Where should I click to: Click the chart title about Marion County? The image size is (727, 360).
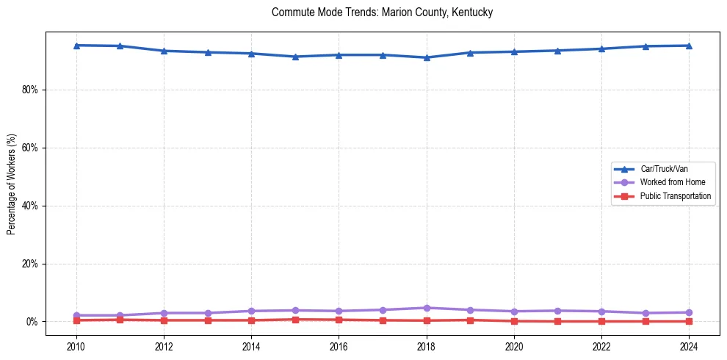382,12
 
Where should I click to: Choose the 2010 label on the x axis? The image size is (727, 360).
76,347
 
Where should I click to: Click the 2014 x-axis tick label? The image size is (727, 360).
251,347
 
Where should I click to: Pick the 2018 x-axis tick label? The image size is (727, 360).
427,347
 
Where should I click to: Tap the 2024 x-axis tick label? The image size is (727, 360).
689,347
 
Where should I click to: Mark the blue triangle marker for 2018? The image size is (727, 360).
427,57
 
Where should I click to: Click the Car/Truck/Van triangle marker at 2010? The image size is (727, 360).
76,46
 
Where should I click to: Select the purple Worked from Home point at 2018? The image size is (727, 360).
427,308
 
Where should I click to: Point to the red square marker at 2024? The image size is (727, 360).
689,321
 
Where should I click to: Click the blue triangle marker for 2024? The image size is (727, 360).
689,46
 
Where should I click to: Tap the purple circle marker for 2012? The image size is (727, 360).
164,313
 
